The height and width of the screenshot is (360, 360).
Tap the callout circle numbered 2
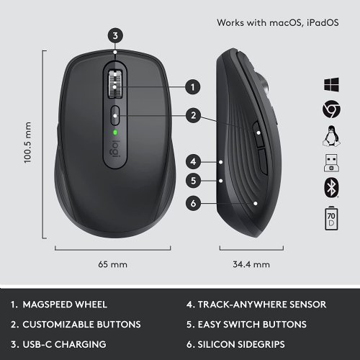[x=192, y=114]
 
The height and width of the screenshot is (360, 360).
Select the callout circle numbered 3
[x=117, y=35]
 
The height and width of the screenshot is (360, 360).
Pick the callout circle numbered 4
[x=192, y=162]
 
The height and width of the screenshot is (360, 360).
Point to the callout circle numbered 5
[x=192, y=181]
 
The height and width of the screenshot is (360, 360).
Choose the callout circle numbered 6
[x=192, y=203]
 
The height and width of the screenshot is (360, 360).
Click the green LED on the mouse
[x=116, y=132]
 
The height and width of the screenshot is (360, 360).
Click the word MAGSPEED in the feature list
[x=55, y=303]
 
